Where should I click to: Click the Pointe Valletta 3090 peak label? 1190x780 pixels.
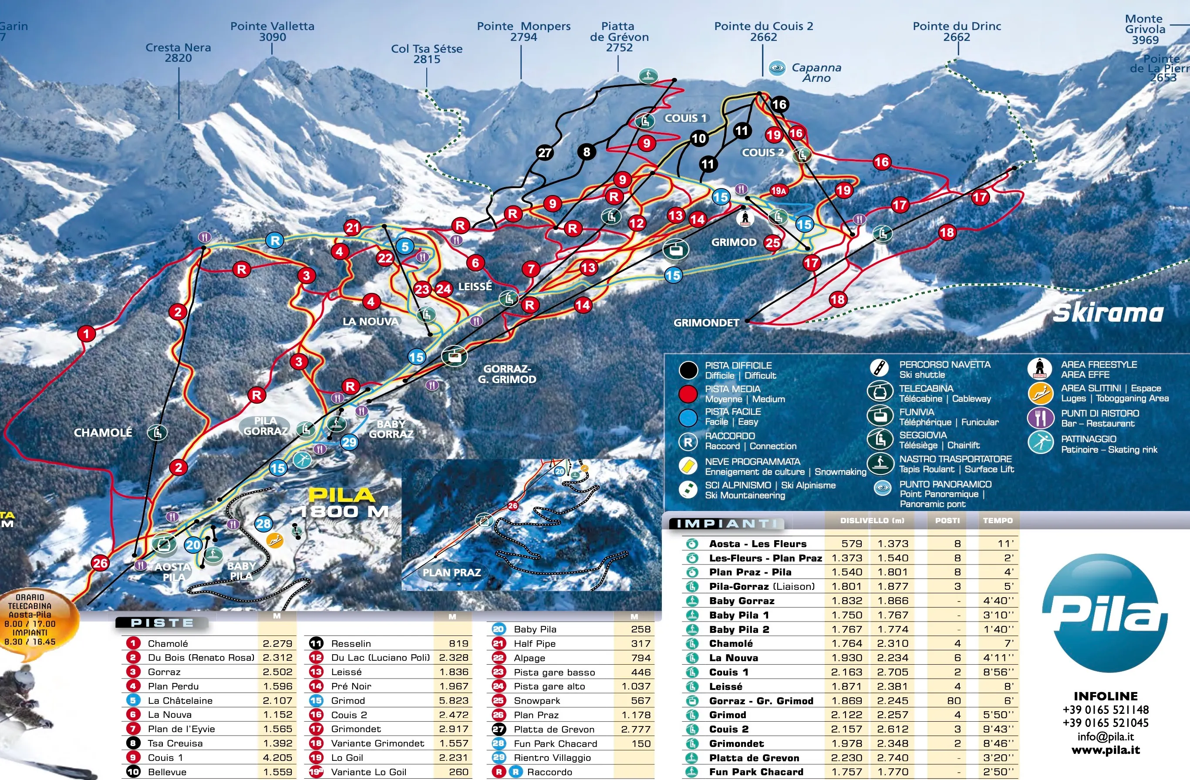pyautogui.click(x=272, y=31)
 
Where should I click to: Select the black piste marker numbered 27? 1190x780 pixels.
pyautogui.click(x=545, y=153)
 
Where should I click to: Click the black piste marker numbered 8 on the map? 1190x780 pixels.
pyautogui.click(x=587, y=151)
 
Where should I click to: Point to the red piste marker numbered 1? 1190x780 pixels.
pyautogui.click(x=87, y=333)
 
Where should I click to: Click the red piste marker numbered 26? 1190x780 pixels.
pyautogui.click(x=100, y=563)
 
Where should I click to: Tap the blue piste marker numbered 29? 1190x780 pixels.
pyautogui.click(x=349, y=442)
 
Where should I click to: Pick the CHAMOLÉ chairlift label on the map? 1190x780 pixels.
pyautogui.click(x=104, y=433)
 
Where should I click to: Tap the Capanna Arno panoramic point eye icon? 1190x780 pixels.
pyautogui.click(x=777, y=68)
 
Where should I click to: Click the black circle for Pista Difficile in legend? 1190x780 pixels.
pyautogui.click(x=688, y=370)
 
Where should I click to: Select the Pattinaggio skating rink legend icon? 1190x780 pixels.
pyautogui.click(x=1041, y=443)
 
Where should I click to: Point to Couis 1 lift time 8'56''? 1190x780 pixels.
pyautogui.click(x=998, y=672)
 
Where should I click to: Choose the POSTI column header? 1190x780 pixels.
pyautogui.click(x=947, y=521)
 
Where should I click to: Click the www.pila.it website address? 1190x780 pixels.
pyautogui.click(x=1106, y=750)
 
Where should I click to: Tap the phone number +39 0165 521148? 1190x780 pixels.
pyautogui.click(x=1106, y=709)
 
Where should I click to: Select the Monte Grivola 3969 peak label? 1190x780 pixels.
pyautogui.click(x=1145, y=30)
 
